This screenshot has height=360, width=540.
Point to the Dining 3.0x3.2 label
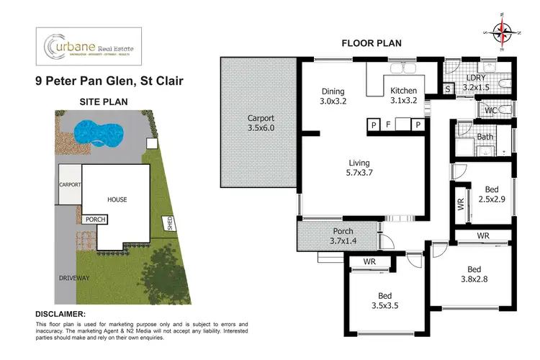point(333,96)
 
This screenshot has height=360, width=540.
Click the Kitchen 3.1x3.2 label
point(403,96)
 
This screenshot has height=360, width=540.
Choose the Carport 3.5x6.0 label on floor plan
point(261,122)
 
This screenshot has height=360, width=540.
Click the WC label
point(490,110)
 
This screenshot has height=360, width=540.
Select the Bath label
point(485,136)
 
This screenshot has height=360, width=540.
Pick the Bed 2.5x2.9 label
point(492,192)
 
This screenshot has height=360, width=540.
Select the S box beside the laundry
point(447,89)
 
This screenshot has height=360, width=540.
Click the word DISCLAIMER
point(60,314)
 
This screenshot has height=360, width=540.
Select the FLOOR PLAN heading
point(371,43)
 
